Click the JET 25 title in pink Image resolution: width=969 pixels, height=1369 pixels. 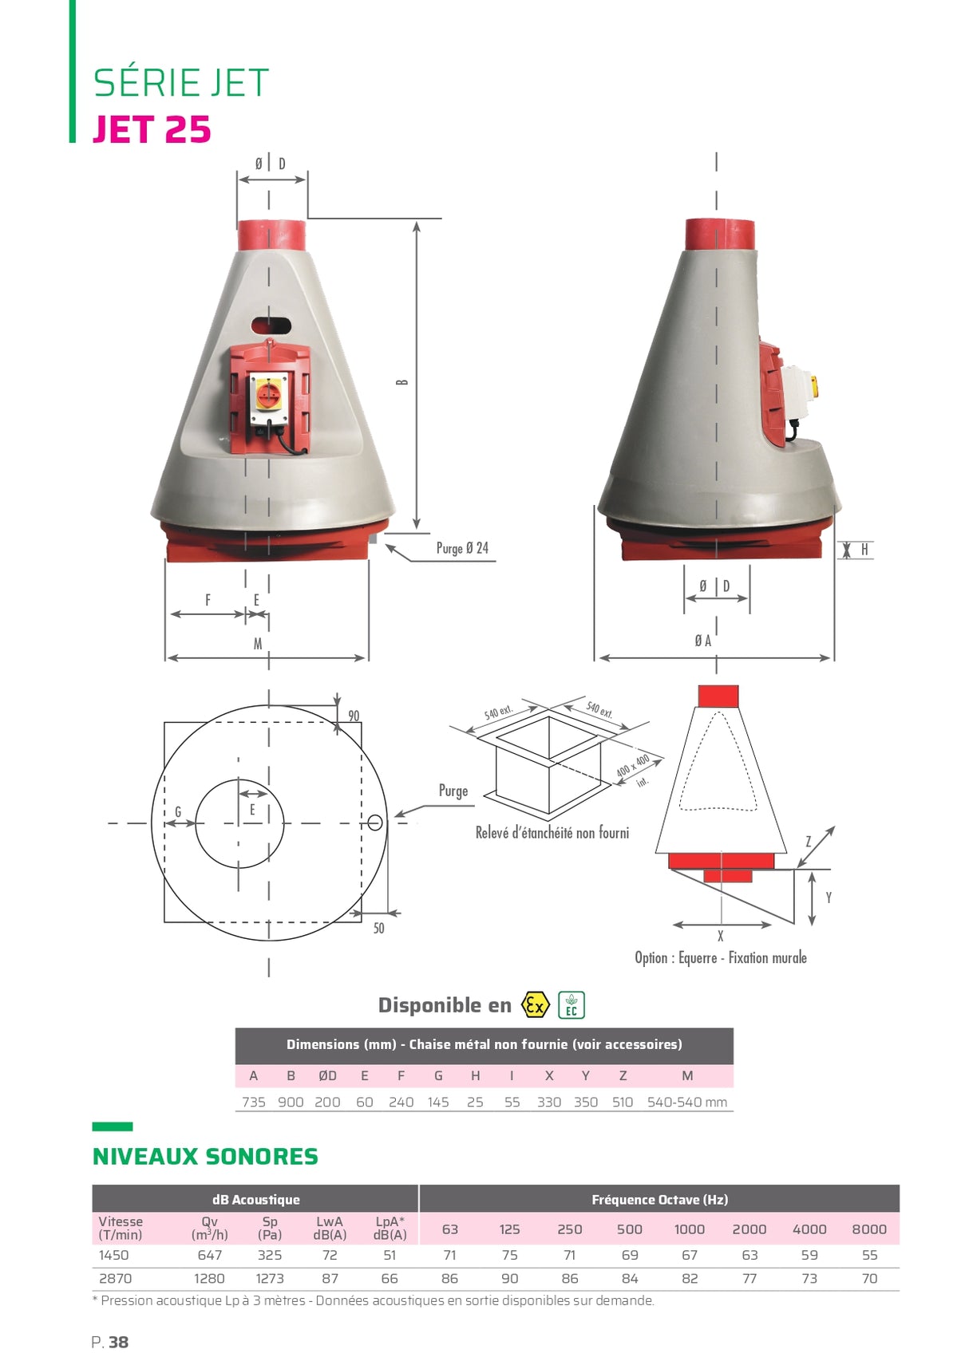pyautogui.click(x=152, y=129)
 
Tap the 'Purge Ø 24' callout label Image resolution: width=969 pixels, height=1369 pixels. pyautogui.click(x=462, y=548)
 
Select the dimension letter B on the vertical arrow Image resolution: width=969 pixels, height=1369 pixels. pyautogui.click(x=402, y=382)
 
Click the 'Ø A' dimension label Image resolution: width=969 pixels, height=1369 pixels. pyautogui.click(x=702, y=641)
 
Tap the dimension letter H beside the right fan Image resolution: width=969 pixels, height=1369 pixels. pyautogui.click(x=864, y=550)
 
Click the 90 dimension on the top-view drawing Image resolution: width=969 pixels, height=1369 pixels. pyautogui.click(x=354, y=716)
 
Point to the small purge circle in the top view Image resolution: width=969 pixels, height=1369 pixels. pyautogui.click(x=375, y=823)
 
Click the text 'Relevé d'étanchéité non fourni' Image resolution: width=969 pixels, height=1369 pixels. pyautogui.click(x=552, y=833)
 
